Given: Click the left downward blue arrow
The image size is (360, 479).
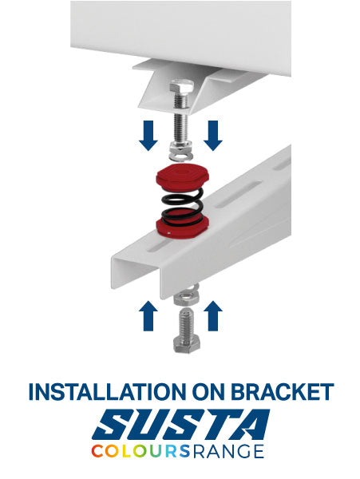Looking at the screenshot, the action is coord(148,136).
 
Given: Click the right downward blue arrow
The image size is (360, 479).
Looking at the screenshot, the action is coord(213,136).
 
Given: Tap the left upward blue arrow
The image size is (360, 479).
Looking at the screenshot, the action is coord(148,315).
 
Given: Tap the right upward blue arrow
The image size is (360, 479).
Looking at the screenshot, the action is coord(213,315).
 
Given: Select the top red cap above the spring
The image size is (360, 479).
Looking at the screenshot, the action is coord(183,176).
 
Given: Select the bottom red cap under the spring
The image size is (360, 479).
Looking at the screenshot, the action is coord(182,228).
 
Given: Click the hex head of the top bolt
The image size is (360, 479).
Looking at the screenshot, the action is coord(181,87).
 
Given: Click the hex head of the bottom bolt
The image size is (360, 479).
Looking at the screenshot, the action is coord(186,344).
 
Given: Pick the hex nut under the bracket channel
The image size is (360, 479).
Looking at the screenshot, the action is coord(186,298).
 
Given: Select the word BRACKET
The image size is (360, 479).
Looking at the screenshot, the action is coord(281,391).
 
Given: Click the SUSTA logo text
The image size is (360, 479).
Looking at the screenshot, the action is coord(180,425).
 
